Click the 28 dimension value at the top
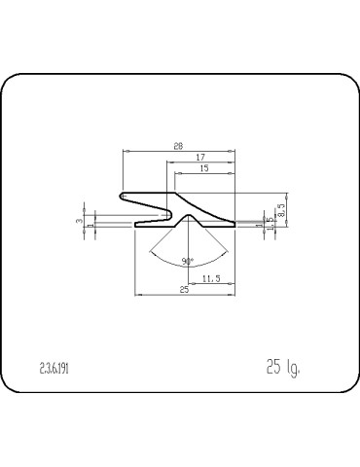(x=177, y=146)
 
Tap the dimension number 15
(x=203, y=168)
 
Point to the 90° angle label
(x=187, y=260)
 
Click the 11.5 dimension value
(x=210, y=280)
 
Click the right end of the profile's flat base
(x=234, y=223)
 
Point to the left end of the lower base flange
(x=134, y=223)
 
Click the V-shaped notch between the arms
(x=171, y=208)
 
